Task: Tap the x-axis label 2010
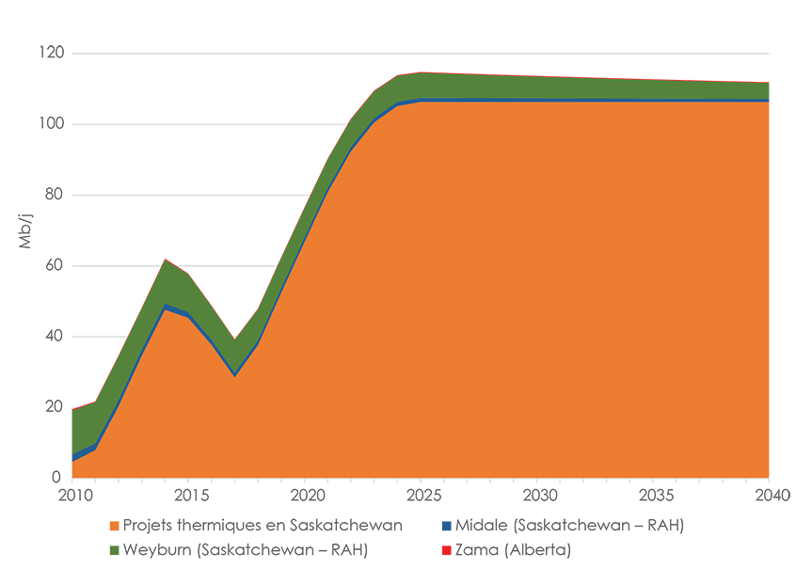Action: click(73, 495)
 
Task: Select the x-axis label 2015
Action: click(189, 495)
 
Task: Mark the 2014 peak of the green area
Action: click(166, 260)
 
